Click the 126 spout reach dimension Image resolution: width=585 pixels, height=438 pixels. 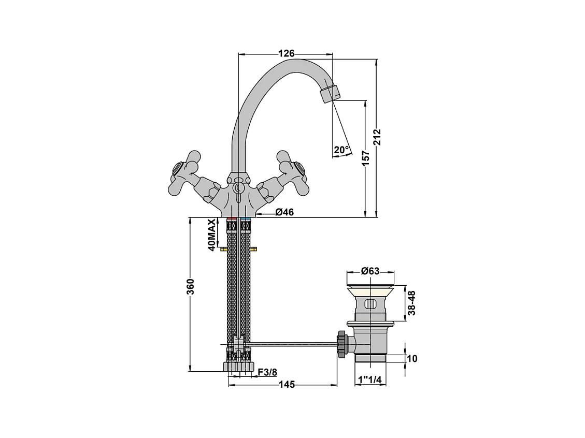coord(287,53)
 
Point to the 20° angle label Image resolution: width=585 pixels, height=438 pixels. coord(341,150)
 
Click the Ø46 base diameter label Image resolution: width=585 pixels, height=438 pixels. coord(284,212)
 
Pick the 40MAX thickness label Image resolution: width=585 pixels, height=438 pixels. coord(211,235)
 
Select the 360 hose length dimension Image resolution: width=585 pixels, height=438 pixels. coord(190,286)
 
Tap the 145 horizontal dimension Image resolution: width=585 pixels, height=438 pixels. coord(287,384)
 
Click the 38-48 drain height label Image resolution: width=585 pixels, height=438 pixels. coord(412,302)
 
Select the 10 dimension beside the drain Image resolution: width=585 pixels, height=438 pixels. coord(412,358)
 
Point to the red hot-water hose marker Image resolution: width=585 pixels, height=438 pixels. coord(231,220)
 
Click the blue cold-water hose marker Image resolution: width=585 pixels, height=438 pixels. coord(246,220)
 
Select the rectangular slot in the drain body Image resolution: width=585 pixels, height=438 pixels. coord(370,303)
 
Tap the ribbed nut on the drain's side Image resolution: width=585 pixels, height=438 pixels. coord(341,343)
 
